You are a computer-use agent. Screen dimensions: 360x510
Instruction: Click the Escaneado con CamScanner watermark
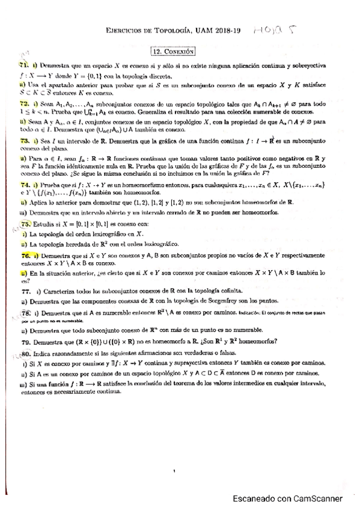(x=288, y=498)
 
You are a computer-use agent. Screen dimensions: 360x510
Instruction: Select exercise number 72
(x=24, y=103)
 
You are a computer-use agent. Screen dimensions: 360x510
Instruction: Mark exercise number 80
(x=26, y=354)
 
